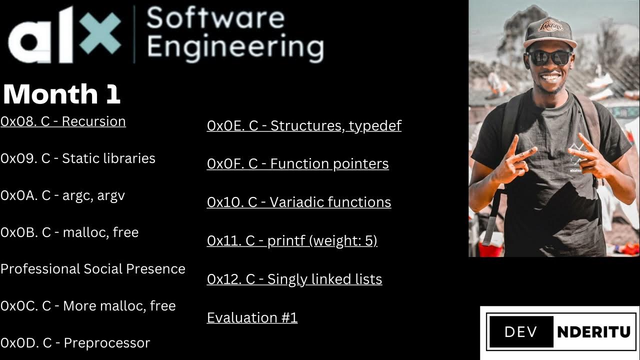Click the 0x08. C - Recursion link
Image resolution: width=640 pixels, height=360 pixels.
(x=63, y=121)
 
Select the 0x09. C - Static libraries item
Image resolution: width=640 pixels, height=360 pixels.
(x=78, y=158)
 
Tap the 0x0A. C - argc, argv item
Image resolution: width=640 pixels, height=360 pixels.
(x=62, y=195)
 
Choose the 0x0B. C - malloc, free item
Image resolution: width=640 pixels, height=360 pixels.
(x=69, y=232)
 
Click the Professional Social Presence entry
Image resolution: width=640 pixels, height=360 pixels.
(x=93, y=269)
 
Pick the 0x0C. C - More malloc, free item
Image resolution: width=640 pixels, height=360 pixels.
(x=88, y=306)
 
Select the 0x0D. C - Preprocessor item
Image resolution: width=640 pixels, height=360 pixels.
(x=75, y=343)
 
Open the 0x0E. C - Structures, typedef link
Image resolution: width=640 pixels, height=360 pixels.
(x=304, y=125)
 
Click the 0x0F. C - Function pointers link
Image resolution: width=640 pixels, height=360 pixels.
(x=297, y=164)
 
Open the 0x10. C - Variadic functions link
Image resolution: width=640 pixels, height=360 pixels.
(x=299, y=202)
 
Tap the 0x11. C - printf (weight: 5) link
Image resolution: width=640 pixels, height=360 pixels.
(x=292, y=241)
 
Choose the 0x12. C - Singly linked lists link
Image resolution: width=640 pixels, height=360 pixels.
(x=294, y=279)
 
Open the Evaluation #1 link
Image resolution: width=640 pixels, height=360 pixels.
(x=252, y=318)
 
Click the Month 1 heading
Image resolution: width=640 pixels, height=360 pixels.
(x=61, y=94)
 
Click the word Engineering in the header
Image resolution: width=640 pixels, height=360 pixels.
(x=235, y=47)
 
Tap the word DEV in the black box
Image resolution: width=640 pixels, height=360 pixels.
(x=520, y=332)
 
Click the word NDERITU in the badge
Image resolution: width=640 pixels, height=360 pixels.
(x=593, y=332)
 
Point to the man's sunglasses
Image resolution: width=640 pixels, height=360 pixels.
(x=549, y=57)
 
